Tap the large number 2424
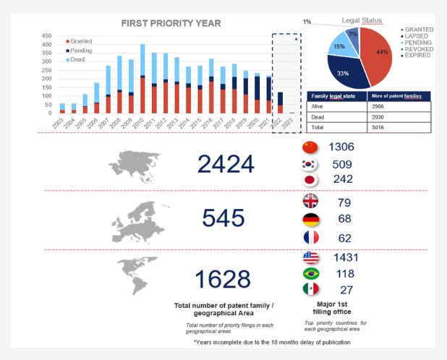click(x=225, y=164)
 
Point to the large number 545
click(x=224, y=218)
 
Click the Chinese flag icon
click(x=309, y=147)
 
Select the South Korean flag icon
click(x=309, y=164)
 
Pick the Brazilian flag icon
click(x=309, y=273)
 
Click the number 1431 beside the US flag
click(x=346, y=257)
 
